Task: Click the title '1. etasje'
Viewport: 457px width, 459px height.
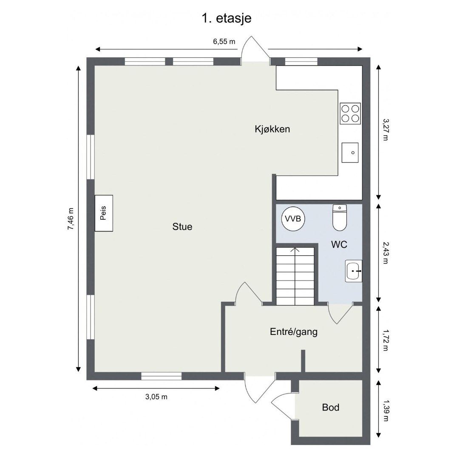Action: coord(226,18)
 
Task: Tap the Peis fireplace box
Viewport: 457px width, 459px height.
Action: coord(104,213)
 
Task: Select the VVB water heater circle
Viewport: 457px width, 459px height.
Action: coord(293,219)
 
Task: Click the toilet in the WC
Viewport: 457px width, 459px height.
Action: coord(340,218)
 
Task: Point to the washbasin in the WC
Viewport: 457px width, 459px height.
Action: coord(354,271)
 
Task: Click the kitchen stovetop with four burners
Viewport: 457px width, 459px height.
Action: coord(350,113)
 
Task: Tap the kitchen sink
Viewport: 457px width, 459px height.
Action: coord(350,153)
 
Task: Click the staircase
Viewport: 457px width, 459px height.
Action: coord(295,276)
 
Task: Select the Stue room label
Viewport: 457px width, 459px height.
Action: coord(182,227)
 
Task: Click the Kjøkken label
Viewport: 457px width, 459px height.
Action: coord(272,129)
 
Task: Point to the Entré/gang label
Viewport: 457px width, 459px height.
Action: coord(294,332)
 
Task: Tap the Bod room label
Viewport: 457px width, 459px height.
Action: coord(330,408)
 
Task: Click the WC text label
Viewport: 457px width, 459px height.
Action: coord(339,244)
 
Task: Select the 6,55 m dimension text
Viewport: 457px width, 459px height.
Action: coord(224,42)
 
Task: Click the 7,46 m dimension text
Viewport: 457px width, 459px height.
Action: coord(71,219)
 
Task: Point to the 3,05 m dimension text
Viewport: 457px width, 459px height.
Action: coord(156,397)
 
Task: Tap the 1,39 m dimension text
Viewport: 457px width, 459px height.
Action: coord(386,411)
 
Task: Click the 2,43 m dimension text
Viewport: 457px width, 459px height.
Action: coord(386,252)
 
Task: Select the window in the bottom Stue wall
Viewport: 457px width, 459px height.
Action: coord(161,376)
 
